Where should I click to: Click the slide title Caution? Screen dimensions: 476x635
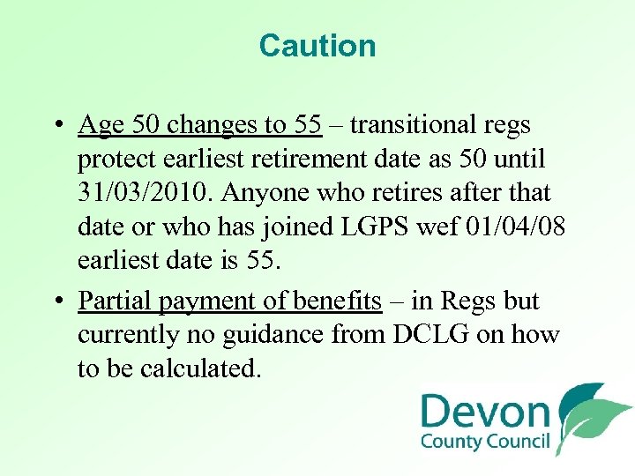click(x=317, y=46)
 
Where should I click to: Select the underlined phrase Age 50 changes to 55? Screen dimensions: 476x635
click(x=199, y=125)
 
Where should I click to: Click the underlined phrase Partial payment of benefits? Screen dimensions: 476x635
click(x=229, y=301)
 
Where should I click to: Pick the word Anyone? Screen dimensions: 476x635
click(x=285, y=192)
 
